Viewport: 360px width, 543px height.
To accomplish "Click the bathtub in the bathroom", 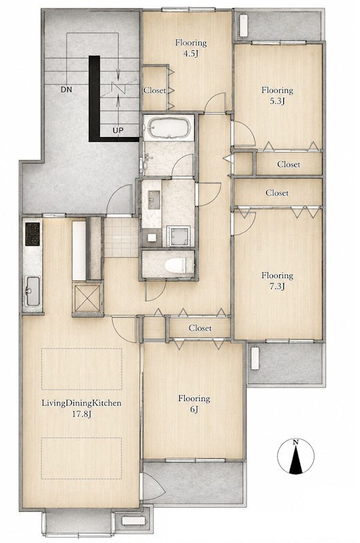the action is (168, 127).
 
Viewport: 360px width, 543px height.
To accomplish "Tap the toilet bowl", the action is (175, 266).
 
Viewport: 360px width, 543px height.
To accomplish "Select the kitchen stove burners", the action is (32, 229).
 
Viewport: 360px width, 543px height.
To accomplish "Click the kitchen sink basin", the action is (33, 291).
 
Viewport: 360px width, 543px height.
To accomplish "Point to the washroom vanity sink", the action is (154, 200).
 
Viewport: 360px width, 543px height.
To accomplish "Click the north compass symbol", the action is (295, 455).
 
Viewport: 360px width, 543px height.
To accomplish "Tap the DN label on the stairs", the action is (66, 90).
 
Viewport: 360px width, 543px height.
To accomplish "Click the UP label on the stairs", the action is (118, 130).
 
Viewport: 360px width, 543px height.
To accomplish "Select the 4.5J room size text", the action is (191, 54).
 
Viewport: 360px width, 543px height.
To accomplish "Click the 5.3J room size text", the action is (278, 101).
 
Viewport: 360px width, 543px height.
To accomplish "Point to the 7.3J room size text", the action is (278, 286).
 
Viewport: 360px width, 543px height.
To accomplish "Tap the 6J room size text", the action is (194, 410).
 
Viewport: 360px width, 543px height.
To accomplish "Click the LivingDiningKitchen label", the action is (82, 403).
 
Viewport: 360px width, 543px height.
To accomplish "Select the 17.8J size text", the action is (82, 414).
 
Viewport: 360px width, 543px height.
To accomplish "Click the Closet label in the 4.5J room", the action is (155, 90).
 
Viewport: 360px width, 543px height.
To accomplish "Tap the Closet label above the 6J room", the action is (200, 328).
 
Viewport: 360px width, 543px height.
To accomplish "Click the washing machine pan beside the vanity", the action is (179, 236).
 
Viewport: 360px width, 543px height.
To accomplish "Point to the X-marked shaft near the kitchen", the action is (87, 297).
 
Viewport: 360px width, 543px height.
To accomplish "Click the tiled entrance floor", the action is (122, 237).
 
